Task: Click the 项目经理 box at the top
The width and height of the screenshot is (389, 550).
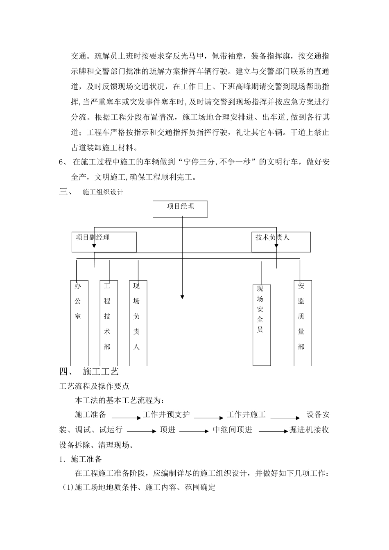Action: (180, 209)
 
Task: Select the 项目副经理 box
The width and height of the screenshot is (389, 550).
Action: (104, 242)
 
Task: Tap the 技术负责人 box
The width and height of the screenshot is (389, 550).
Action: (280, 242)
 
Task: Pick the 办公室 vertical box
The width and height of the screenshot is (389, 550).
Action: (79, 323)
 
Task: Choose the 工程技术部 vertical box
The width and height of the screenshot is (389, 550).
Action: (109, 323)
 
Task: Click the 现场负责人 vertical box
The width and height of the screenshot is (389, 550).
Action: (138, 323)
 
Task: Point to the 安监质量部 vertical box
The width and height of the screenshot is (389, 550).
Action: (303, 323)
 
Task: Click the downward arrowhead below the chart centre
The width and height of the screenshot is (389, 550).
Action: (182, 296)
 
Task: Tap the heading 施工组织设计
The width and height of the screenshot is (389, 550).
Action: (103, 192)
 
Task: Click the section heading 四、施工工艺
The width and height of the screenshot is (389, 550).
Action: (89, 372)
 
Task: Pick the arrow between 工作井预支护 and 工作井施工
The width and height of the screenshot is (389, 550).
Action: (208, 418)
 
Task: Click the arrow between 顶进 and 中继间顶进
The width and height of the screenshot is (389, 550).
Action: (194, 431)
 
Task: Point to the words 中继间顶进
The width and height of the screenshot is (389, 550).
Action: (233, 430)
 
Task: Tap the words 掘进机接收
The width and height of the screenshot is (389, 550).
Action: (309, 430)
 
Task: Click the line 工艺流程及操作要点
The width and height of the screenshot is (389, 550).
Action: (95, 386)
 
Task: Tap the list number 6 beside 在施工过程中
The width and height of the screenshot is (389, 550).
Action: (61, 162)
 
